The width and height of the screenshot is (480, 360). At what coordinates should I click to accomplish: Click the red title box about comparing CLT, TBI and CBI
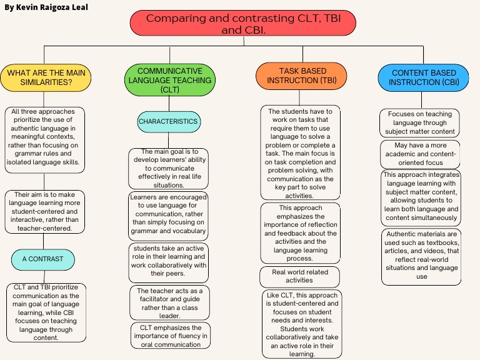(242, 23)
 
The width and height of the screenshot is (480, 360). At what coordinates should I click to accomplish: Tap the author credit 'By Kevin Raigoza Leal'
(46, 7)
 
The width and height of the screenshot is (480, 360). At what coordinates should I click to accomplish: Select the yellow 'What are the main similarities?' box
(46, 77)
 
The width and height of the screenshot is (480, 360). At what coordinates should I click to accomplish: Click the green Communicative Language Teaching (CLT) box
(170, 80)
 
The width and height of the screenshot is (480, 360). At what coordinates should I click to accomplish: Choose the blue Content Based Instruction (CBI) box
(424, 77)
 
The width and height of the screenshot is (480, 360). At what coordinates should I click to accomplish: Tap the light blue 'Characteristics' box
(169, 121)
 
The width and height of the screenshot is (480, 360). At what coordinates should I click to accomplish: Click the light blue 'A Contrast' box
(42, 259)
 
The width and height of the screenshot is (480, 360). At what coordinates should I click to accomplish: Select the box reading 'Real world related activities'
(300, 276)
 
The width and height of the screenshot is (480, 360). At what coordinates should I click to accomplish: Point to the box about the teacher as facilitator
(170, 302)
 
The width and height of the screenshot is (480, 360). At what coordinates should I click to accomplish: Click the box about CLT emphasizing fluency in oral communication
(171, 336)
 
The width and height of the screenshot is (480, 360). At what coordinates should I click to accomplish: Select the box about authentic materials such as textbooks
(421, 256)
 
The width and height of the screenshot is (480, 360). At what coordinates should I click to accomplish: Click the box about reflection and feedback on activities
(300, 233)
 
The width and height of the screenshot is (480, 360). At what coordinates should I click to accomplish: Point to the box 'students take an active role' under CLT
(169, 261)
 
